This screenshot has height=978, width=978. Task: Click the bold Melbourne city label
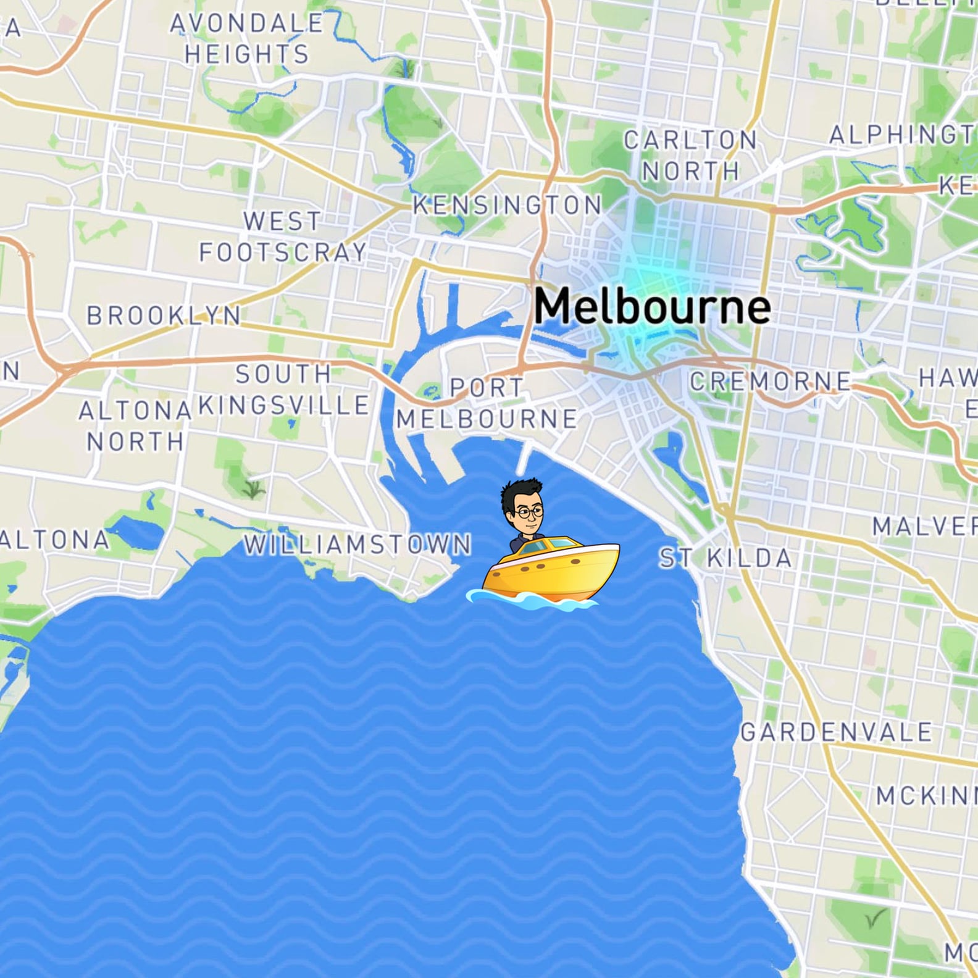(x=652, y=306)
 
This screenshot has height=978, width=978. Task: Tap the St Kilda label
(x=725, y=558)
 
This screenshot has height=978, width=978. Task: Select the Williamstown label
(x=357, y=545)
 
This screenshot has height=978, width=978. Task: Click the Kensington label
(x=508, y=205)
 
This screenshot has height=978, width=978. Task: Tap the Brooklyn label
(x=164, y=316)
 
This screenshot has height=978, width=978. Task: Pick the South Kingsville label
(x=284, y=390)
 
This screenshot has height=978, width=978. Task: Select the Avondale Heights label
(x=247, y=39)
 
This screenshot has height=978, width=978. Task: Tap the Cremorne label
(x=771, y=382)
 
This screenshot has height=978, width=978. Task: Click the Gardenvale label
(x=836, y=732)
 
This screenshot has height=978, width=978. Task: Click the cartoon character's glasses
(x=530, y=511)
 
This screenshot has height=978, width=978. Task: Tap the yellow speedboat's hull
(x=550, y=574)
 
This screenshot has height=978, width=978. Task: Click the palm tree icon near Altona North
(x=253, y=490)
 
